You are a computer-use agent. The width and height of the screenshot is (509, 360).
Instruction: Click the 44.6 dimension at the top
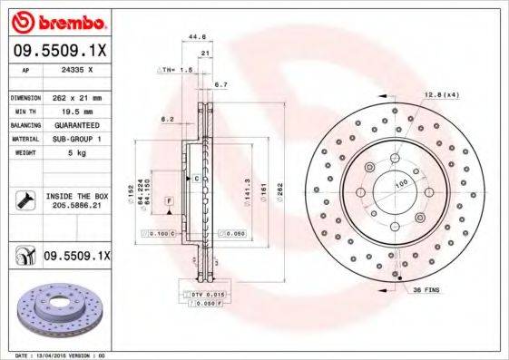click(x=193, y=36)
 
